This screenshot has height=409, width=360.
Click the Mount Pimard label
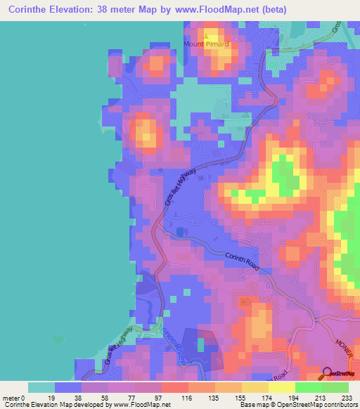pyautogui.click(x=207, y=44)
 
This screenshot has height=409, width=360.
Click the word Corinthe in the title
pyautogui.click(x=27, y=10)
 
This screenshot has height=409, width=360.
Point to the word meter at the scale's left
pyautogui.click(x=11, y=398)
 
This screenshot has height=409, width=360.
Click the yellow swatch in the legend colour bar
pyautogui.click(x=281, y=388)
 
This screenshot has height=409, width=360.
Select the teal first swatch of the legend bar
pyautogui.click(x=41, y=388)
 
